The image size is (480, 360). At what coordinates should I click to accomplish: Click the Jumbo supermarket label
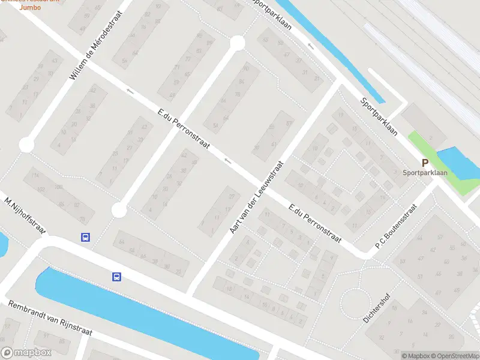tap(29, 7)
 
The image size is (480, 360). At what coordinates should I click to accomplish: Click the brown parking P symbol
tap(425, 163)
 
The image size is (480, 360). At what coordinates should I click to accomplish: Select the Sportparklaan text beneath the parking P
tap(425, 173)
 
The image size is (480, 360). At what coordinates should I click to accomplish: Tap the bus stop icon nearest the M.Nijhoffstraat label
tap(86, 237)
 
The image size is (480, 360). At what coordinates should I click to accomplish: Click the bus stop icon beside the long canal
tap(116, 277)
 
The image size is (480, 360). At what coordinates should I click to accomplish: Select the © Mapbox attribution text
tap(416, 356)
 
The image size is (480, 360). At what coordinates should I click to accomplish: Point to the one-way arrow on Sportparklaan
tap(311, 46)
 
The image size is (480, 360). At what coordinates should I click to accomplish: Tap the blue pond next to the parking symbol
tap(458, 162)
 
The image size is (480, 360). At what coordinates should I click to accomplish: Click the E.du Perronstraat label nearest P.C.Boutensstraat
tap(315, 224)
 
